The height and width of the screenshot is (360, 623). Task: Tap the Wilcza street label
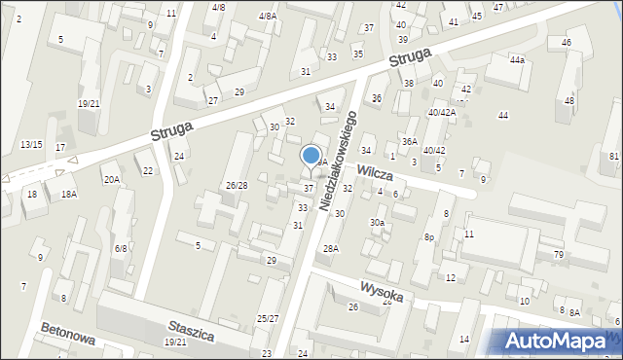click(x=374, y=172)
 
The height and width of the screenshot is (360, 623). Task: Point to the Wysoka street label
click(x=381, y=290)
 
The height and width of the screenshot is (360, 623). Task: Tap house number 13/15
click(x=31, y=144)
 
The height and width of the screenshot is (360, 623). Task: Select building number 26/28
click(x=237, y=185)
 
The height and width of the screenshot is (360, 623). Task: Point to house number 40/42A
click(x=442, y=112)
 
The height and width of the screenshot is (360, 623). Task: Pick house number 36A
click(x=410, y=142)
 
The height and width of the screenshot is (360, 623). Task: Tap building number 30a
click(x=377, y=222)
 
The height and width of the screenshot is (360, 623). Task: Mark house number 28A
click(x=331, y=249)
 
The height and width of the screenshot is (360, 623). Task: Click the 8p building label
click(x=428, y=236)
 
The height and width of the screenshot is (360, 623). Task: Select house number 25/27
click(x=268, y=319)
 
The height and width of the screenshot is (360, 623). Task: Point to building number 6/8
click(x=121, y=249)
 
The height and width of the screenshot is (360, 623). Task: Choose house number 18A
click(x=68, y=195)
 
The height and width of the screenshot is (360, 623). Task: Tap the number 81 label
click(x=613, y=157)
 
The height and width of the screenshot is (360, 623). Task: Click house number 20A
click(x=112, y=179)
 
